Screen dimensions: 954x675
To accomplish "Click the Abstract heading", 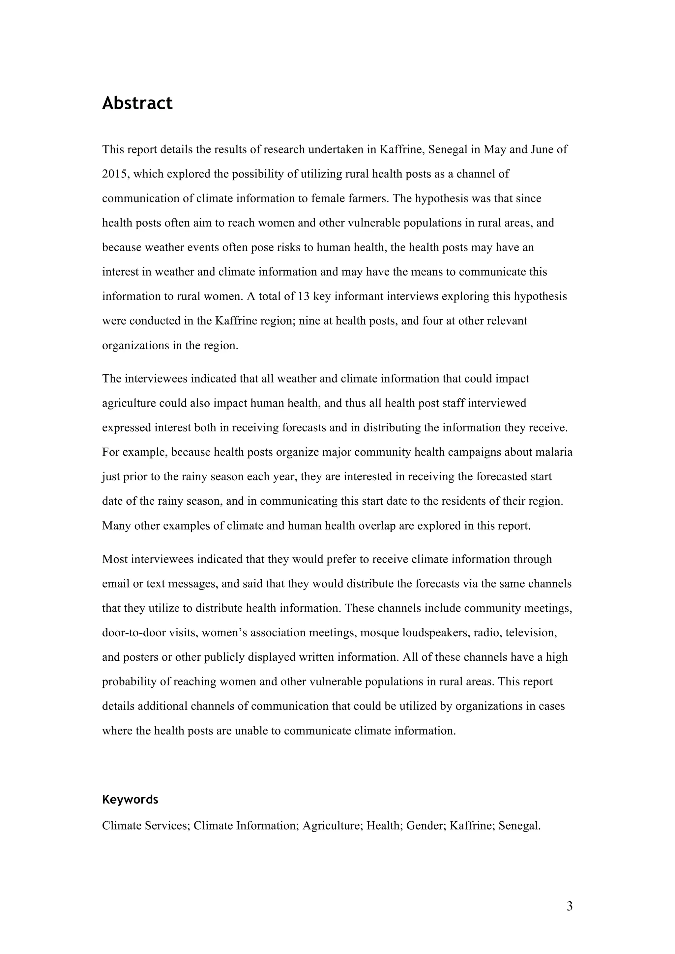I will tap(137, 103).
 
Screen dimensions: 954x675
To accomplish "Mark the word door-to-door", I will tap(133, 633).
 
